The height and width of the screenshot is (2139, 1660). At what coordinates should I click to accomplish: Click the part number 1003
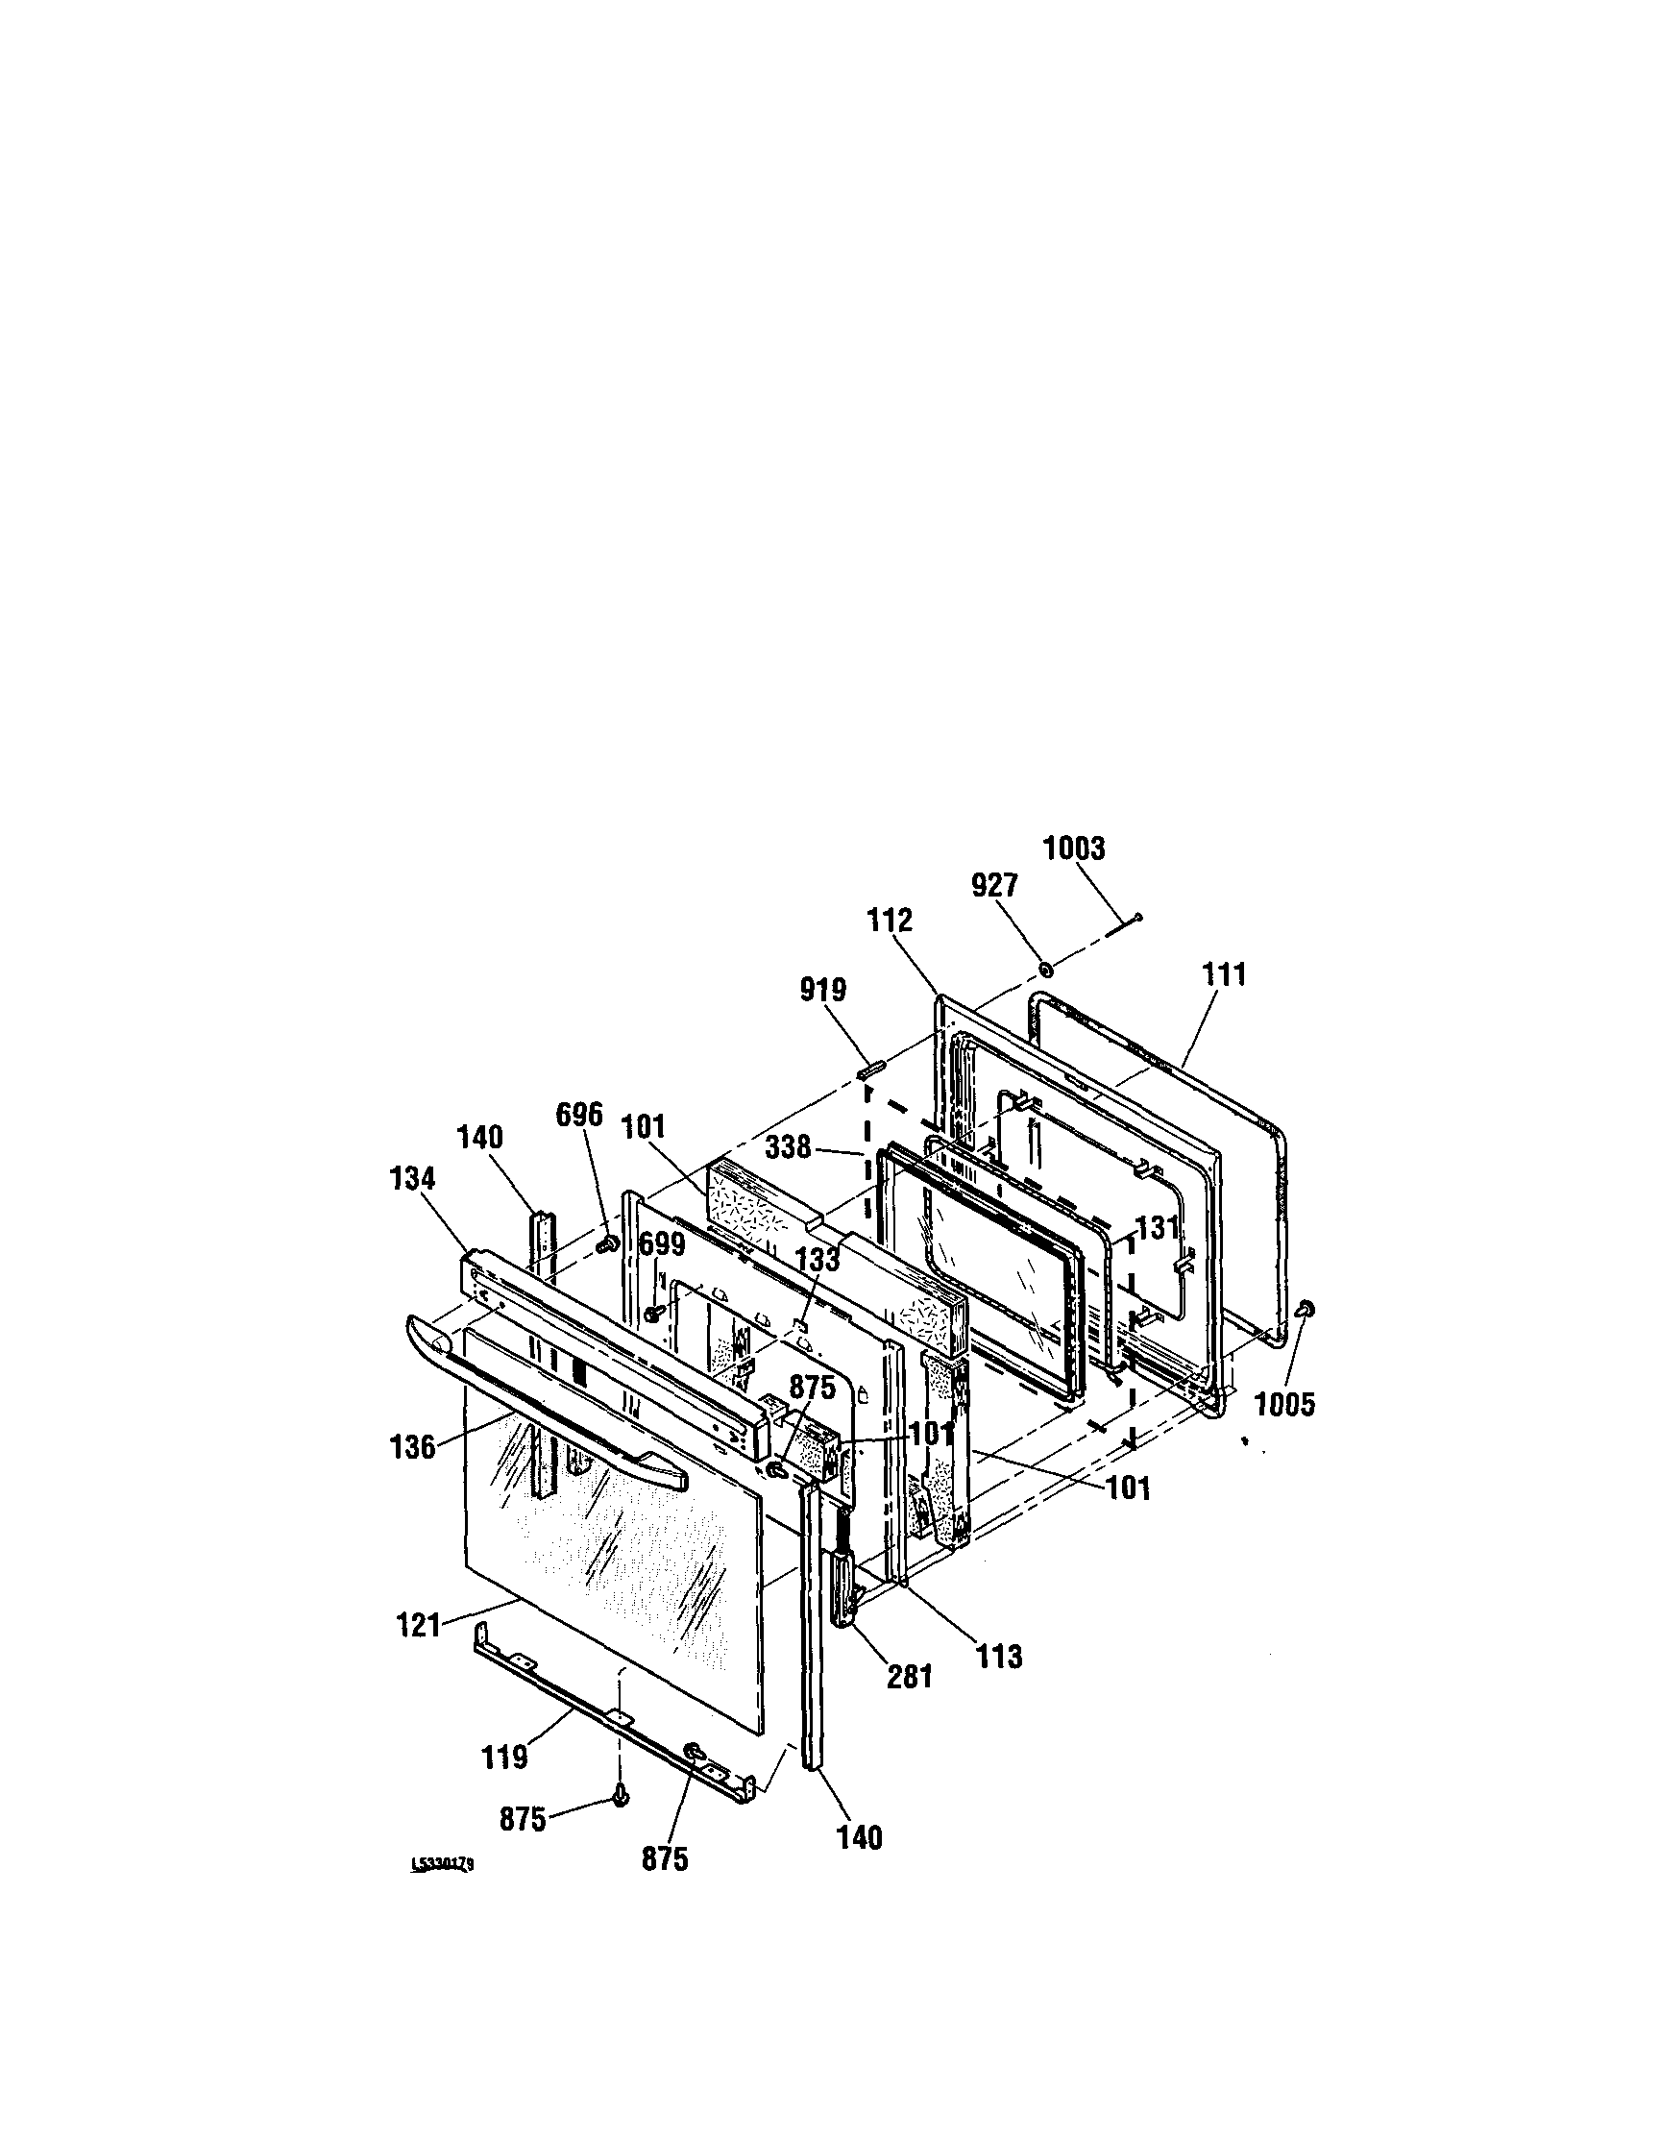pyautogui.click(x=1073, y=848)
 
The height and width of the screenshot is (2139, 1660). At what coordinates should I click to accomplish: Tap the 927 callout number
pyautogui.click(x=994, y=885)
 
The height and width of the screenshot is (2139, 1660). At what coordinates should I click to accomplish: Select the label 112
pyautogui.click(x=890, y=921)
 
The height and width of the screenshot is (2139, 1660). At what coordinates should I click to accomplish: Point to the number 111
pyautogui.click(x=1224, y=974)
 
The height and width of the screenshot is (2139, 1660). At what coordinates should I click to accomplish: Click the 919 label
pyautogui.click(x=822, y=990)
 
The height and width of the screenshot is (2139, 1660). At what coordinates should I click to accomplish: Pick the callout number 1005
pyautogui.click(x=1285, y=1405)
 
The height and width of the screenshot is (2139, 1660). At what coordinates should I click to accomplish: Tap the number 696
pyautogui.click(x=579, y=1115)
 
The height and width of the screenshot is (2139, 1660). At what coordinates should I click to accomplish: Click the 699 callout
pyautogui.click(x=662, y=1243)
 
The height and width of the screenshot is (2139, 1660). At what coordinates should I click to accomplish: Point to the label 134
pyautogui.click(x=412, y=1178)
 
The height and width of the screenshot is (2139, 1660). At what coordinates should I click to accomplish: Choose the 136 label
pyautogui.click(x=412, y=1446)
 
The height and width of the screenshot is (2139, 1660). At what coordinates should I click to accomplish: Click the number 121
pyautogui.click(x=418, y=1627)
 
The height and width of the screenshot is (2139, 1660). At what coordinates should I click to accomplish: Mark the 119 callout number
pyautogui.click(x=504, y=1757)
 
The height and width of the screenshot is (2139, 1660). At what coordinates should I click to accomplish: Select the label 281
pyautogui.click(x=909, y=1677)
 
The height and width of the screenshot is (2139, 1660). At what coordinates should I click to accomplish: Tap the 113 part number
pyautogui.click(x=998, y=1657)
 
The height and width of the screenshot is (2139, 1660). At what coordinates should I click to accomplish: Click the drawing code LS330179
pyautogui.click(x=443, y=1865)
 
